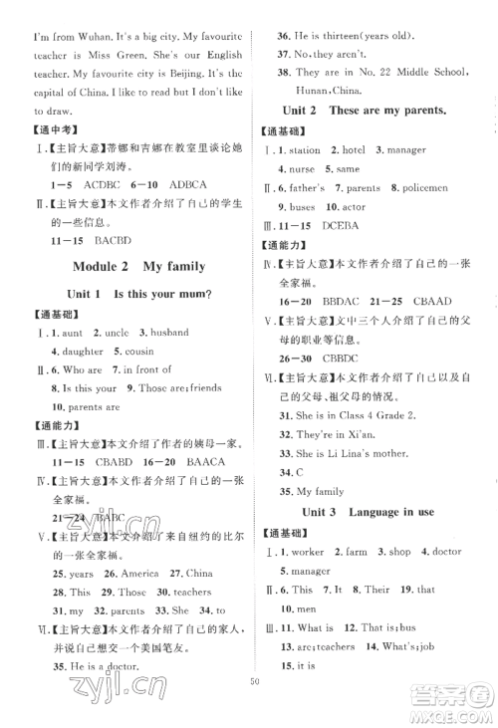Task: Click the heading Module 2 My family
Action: point(138,266)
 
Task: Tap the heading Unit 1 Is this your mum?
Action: point(138,295)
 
